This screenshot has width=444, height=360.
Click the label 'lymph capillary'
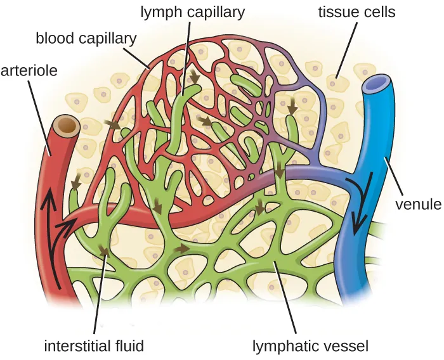[192, 11]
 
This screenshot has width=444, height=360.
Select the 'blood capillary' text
[86, 38]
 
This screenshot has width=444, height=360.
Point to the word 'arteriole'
[29, 70]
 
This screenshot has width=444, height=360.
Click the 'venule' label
[417, 204]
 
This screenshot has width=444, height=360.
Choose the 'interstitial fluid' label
[93, 346]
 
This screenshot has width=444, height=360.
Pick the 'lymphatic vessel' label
[310, 346]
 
